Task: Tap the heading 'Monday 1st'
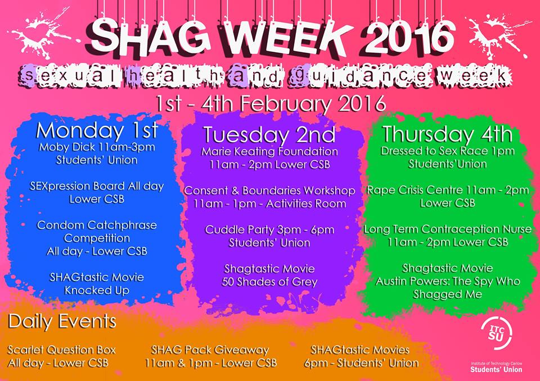click(x=97, y=131)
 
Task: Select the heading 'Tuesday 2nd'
click(x=269, y=135)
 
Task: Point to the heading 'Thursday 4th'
click(x=447, y=134)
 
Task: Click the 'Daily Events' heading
click(x=62, y=322)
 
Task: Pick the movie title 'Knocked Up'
click(x=97, y=290)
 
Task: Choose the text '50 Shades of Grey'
click(x=269, y=282)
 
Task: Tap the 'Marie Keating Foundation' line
click(x=269, y=151)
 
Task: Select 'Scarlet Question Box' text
click(x=62, y=350)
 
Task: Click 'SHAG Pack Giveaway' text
click(x=210, y=350)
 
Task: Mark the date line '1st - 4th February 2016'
click(x=271, y=103)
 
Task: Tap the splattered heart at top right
click(x=499, y=34)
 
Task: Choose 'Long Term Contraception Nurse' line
click(x=447, y=229)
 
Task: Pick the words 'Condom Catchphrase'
click(x=97, y=225)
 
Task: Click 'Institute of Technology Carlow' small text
click(x=496, y=364)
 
